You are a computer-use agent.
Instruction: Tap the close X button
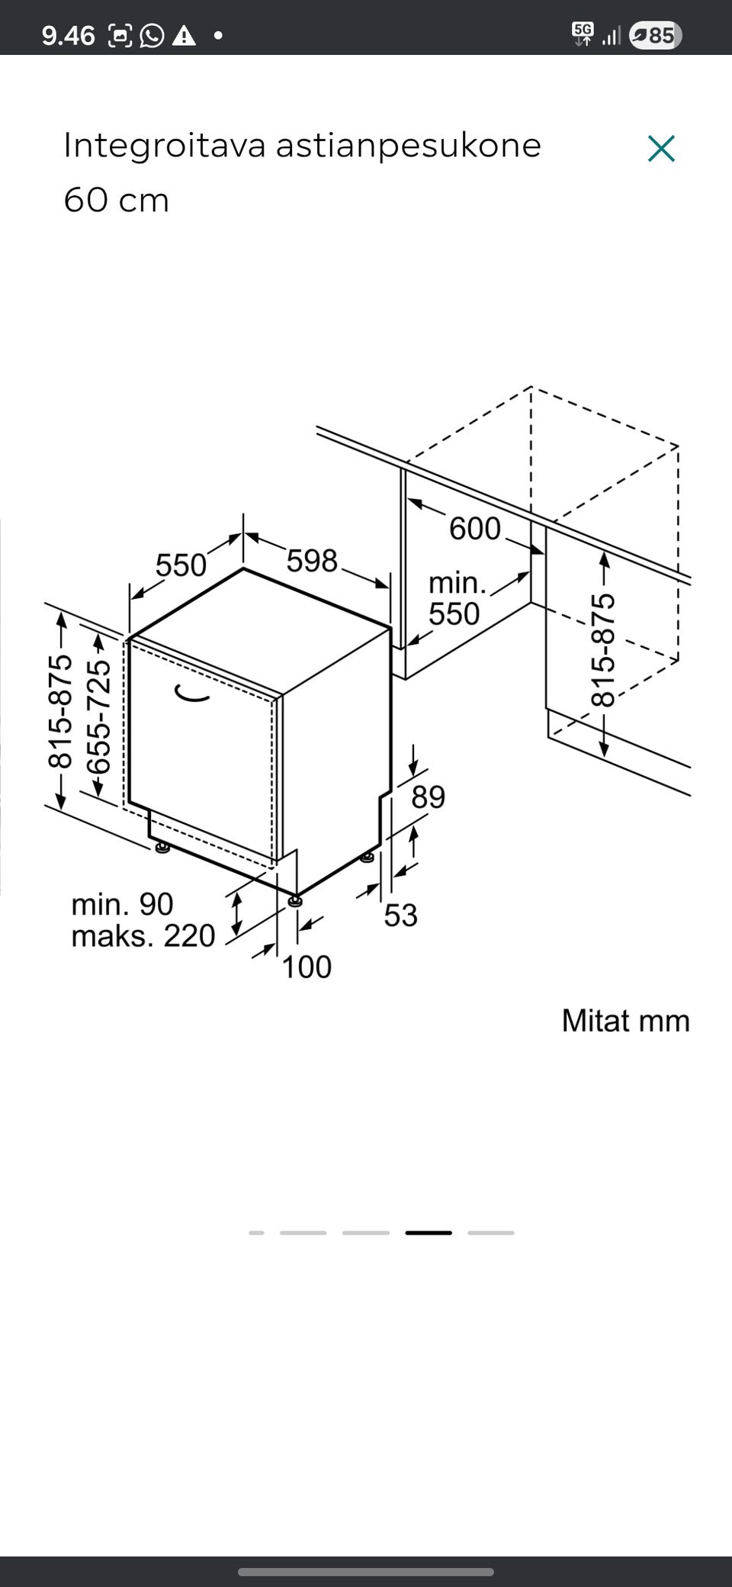click(x=661, y=149)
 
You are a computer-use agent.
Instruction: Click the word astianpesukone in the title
click(x=408, y=146)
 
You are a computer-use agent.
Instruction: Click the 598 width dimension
click(x=312, y=561)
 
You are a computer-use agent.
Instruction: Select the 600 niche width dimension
click(x=474, y=529)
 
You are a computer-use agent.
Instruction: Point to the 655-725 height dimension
click(x=98, y=717)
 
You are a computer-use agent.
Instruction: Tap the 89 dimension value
click(x=428, y=797)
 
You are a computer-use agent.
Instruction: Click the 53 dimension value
click(x=400, y=916)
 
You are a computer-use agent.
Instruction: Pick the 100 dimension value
click(x=307, y=967)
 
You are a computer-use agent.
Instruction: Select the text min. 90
click(x=122, y=904)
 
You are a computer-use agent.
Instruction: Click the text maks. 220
click(x=143, y=936)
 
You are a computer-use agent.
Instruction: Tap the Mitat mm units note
click(x=625, y=1021)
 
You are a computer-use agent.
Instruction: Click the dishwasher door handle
click(x=191, y=694)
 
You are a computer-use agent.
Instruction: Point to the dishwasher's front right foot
click(x=295, y=900)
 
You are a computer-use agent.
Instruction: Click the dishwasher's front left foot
click(x=162, y=847)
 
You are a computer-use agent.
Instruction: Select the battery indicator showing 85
click(x=655, y=35)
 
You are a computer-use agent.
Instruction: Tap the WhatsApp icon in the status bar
click(x=152, y=35)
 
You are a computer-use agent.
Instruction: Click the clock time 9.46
click(x=68, y=35)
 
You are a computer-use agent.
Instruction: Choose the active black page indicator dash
click(x=428, y=1232)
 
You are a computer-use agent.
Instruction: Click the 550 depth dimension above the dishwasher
click(x=181, y=565)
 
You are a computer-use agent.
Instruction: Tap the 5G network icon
click(x=583, y=33)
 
